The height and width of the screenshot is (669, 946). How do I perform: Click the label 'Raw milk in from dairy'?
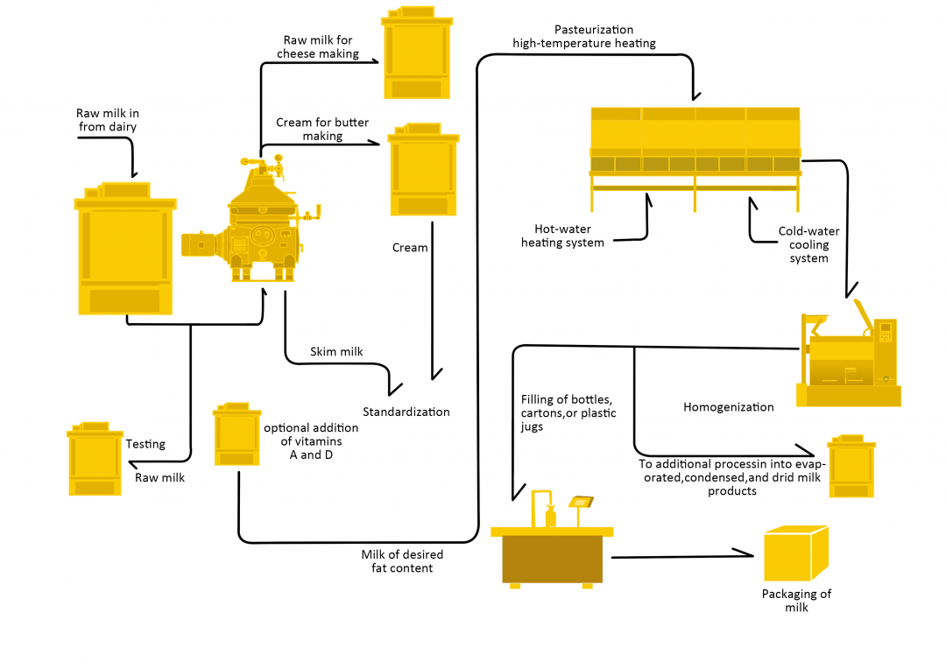tap(108, 120)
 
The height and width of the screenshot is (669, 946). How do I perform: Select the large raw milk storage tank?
tap(124, 251)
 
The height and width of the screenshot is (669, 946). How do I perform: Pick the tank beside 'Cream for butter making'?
tap(423, 172)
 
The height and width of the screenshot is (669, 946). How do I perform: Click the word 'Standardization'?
tap(406, 412)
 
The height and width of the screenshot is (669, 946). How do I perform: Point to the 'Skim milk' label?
tap(336, 352)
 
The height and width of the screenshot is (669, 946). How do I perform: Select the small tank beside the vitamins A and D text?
tap(236, 435)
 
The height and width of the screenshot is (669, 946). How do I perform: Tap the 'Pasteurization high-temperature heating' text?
tap(583, 37)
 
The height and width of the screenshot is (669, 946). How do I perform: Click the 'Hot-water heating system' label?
tap(562, 236)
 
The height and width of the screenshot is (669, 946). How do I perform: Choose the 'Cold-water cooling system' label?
tap(808, 244)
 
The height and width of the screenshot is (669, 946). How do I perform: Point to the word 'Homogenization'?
tap(728, 407)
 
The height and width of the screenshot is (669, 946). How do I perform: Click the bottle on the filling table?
tap(551, 515)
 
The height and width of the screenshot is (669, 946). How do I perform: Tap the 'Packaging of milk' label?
tap(795, 600)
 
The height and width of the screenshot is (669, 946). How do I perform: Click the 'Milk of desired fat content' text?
tap(402, 561)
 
